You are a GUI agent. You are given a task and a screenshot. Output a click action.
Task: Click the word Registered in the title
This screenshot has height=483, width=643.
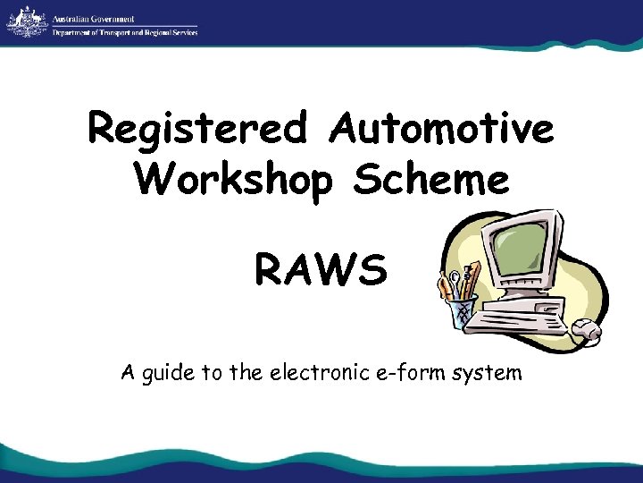click(x=200, y=131)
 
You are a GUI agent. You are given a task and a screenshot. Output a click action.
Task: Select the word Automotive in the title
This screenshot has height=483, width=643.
click(x=441, y=131)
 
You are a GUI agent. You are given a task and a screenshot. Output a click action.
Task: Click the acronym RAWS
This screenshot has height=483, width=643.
click(x=321, y=269)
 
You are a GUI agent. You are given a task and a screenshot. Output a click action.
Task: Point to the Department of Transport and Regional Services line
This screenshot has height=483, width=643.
click(x=125, y=32)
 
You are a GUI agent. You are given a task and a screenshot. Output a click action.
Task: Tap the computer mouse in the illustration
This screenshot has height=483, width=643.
click(x=587, y=331)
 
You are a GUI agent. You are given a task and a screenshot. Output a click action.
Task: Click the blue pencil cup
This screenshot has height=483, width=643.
click(x=461, y=314)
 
